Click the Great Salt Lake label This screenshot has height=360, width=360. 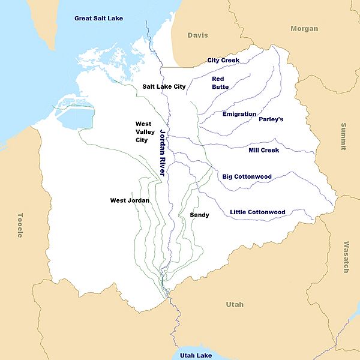[98, 18]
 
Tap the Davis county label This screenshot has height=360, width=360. [197, 35]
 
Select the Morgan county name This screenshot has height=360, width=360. [304, 29]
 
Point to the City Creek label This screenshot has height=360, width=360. [223, 60]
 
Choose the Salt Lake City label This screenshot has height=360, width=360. [164, 86]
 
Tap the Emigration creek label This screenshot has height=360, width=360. [239, 114]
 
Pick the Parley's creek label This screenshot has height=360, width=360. [271, 119]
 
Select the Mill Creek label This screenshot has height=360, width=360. [264, 150]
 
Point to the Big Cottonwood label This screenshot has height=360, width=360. [247, 176]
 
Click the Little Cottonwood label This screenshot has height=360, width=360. [257, 212]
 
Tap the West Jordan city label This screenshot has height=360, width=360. [130, 200]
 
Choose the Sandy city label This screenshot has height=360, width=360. [199, 215]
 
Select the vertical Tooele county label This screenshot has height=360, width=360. [20, 225]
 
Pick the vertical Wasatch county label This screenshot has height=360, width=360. [346, 257]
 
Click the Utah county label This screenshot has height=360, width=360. [235, 305]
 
